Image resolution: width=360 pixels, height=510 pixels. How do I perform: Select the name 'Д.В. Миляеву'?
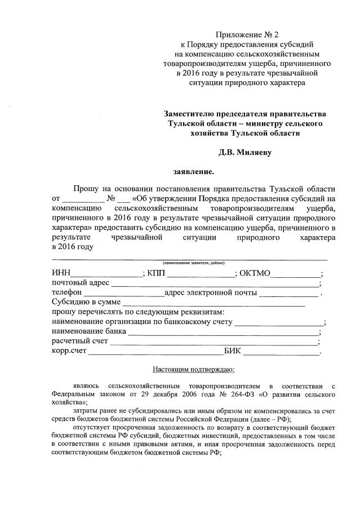pyautogui.click(x=245, y=152)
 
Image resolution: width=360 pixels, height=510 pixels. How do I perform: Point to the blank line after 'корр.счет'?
pyautogui.click(x=156, y=353)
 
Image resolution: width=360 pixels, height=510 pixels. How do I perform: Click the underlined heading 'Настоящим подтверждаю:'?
pyautogui.click(x=194, y=370)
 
